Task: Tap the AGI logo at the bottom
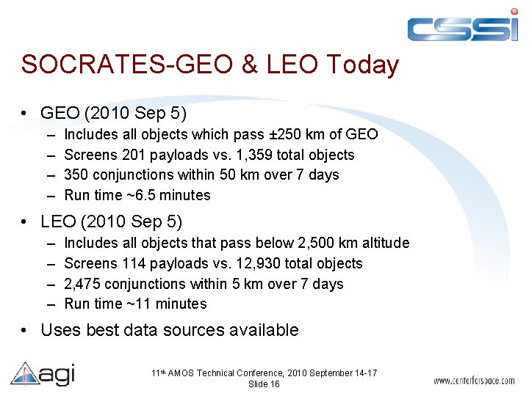43,375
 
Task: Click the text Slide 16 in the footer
264,384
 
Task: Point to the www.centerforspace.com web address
474,381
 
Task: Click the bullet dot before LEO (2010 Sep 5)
26,221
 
